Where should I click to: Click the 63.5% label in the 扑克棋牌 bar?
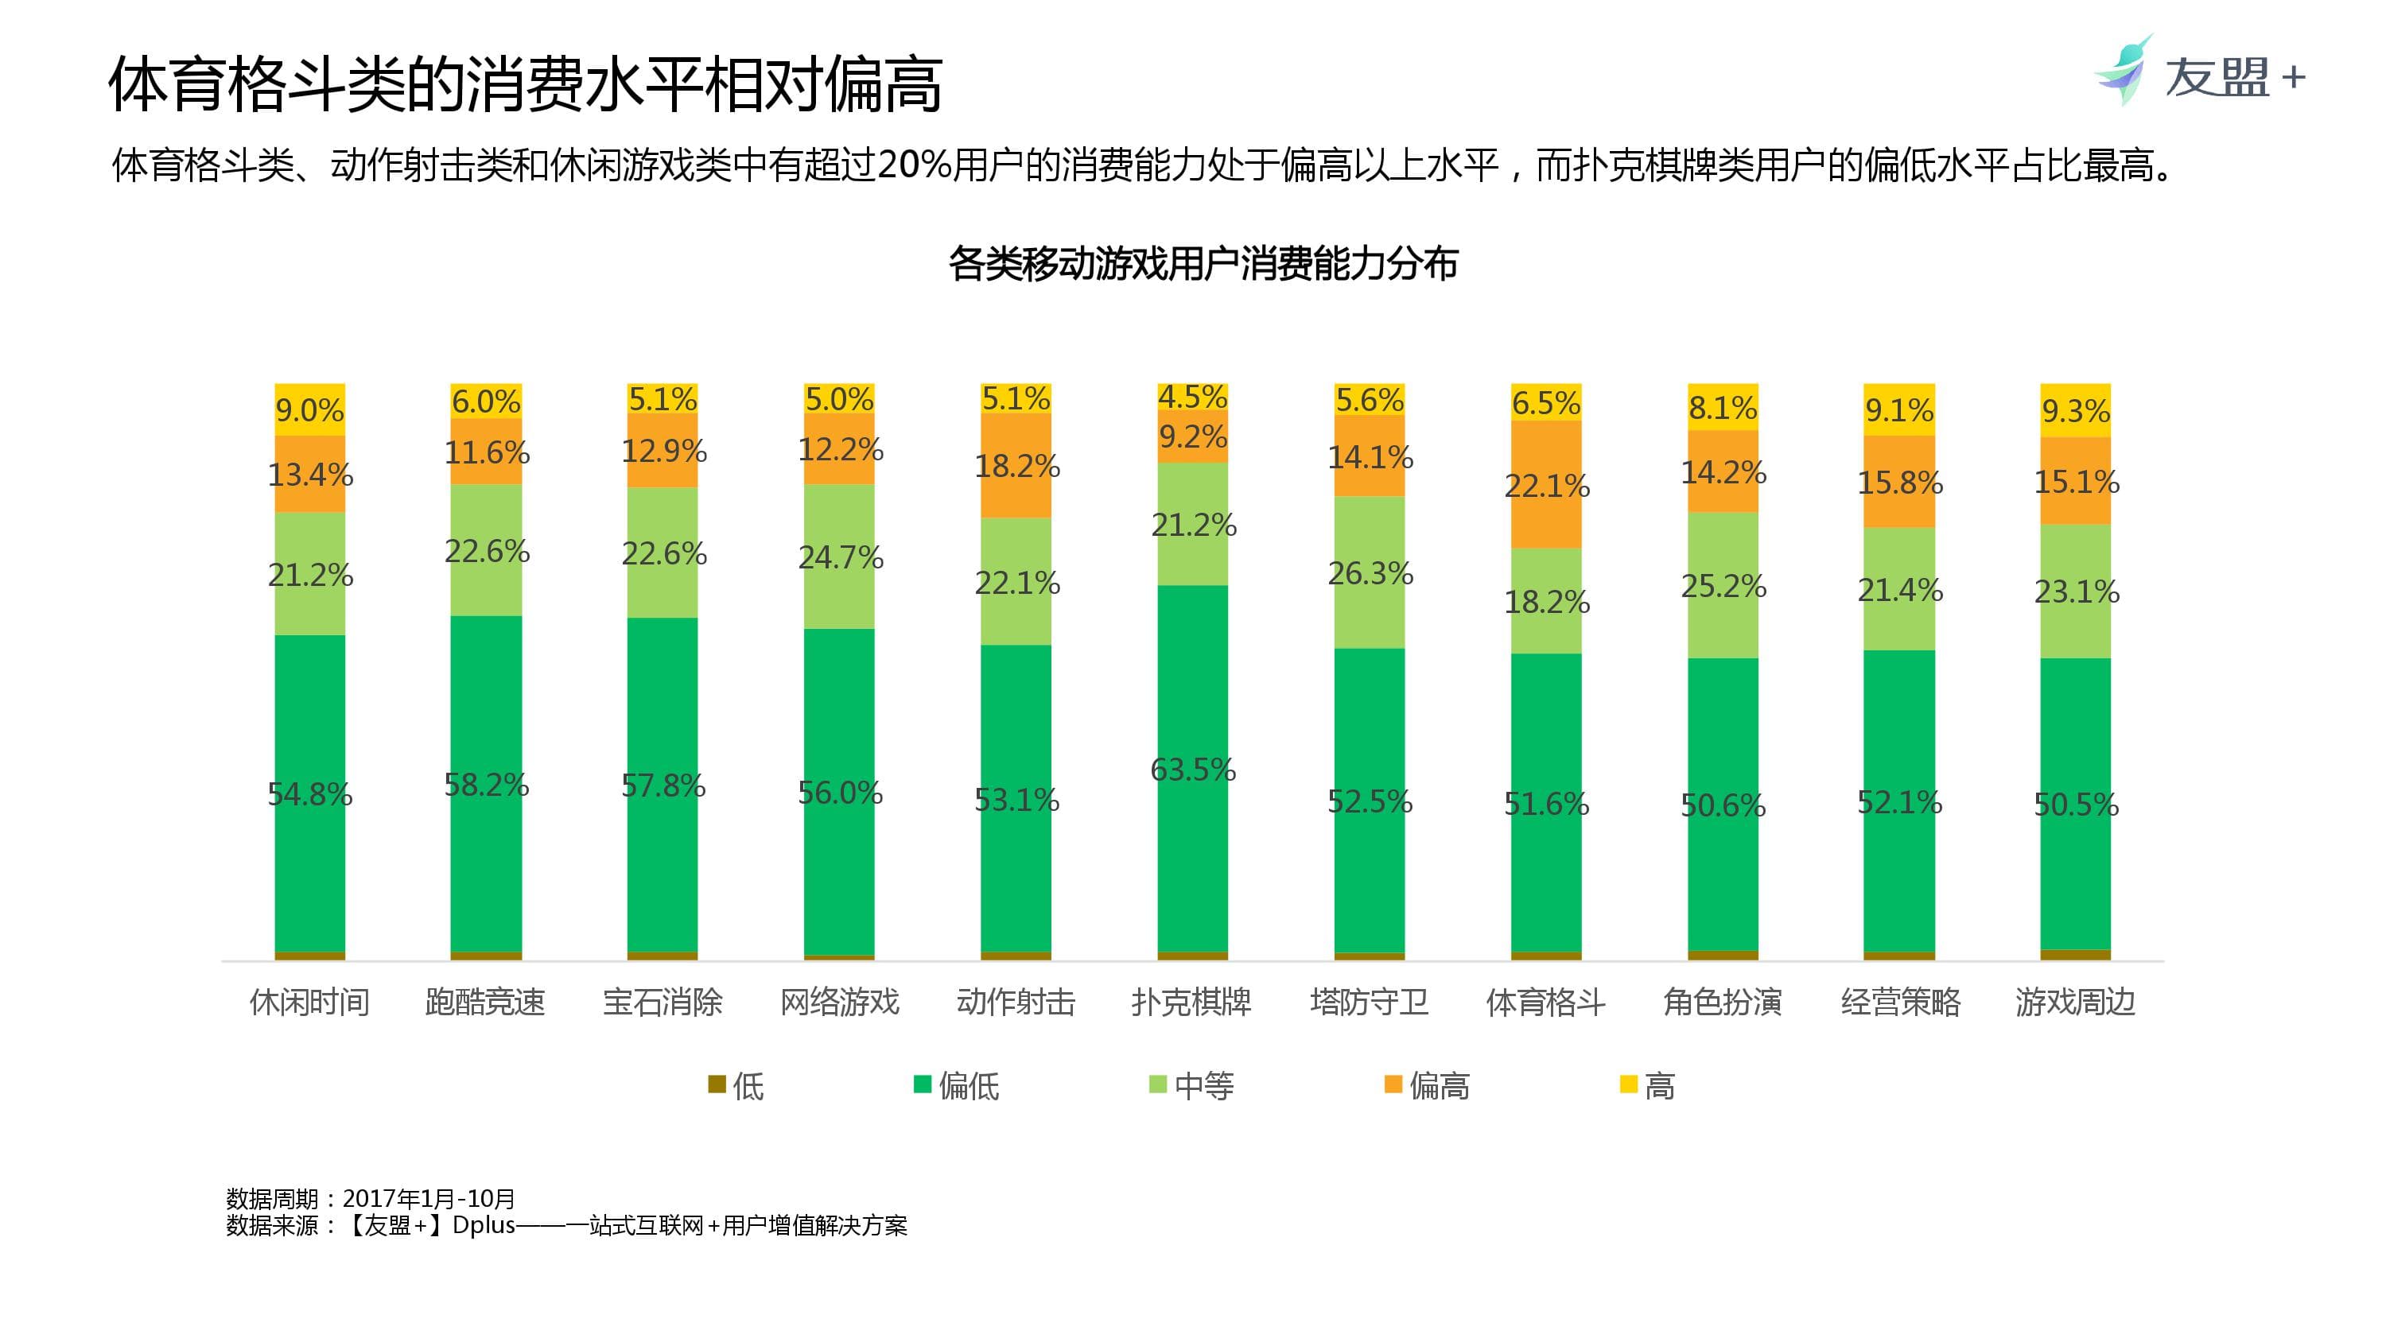1192,770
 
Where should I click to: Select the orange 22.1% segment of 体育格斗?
1546,484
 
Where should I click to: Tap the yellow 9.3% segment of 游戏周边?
2076,409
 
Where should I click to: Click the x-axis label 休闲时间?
309,1002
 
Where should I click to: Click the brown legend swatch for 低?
717,1084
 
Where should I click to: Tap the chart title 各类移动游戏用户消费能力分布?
1203,264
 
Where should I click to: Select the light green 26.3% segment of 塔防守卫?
1369,572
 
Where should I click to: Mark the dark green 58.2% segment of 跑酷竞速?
486,784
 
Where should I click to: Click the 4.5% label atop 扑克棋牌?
1192,397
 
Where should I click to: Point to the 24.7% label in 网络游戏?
840,557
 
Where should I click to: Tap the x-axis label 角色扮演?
1722,1002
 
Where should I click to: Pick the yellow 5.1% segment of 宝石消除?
663,399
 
